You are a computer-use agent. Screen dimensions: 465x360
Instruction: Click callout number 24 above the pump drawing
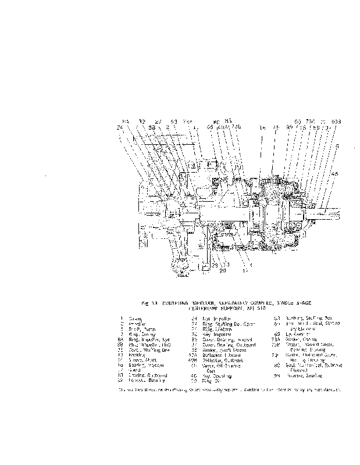coord(120,127)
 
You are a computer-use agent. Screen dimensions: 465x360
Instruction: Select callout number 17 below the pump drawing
coord(245,270)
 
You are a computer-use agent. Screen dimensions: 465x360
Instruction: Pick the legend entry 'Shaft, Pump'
coord(137,328)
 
